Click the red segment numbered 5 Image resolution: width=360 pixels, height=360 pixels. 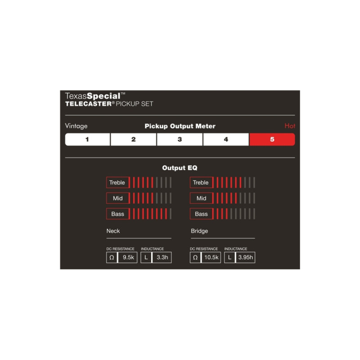coord(272,139)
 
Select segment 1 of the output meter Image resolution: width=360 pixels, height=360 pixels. coord(87,139)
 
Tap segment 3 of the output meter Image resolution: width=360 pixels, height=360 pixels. coord(180,139)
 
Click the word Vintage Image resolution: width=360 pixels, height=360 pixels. coord(76,126)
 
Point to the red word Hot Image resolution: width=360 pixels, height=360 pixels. coord(290,126)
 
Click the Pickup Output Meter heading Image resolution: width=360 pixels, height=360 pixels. coord(180,126)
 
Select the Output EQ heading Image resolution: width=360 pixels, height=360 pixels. coord(180,168)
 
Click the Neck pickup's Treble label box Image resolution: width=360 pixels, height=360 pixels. coord(118,183)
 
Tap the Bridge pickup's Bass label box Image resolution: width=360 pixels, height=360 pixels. coord(201,214)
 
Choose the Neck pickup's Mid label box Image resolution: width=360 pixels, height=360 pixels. coord(118,198)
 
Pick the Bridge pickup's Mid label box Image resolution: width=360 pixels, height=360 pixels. coord(201,198)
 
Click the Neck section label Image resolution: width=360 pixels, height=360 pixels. coord(113,231)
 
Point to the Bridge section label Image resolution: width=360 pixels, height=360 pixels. coord(199,231)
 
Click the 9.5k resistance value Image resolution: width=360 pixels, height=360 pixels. coord(128,257)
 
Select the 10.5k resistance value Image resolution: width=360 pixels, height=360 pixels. coord(211,257)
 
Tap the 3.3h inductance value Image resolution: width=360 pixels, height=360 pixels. coord(162,257)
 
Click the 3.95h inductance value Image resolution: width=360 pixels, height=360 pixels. coord(245,257)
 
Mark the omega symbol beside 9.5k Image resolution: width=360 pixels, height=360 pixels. coord(112,257)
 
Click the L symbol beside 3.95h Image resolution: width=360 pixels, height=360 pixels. coord(229,257)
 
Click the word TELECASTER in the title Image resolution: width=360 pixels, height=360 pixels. coord(88,104)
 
